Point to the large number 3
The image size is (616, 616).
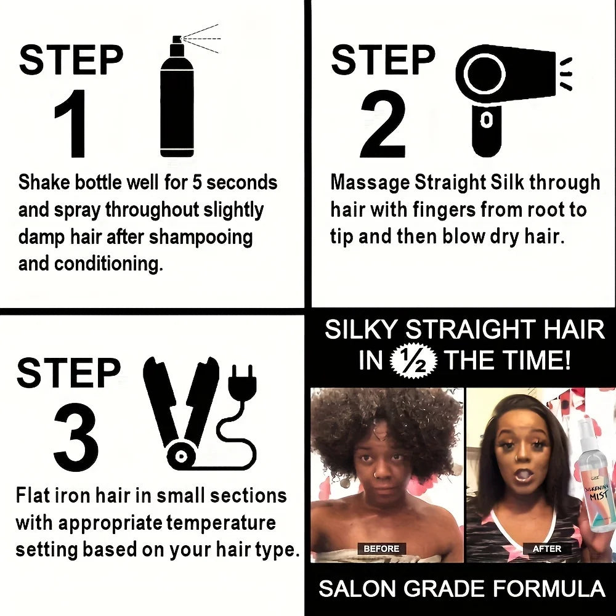76,437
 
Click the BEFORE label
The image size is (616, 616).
381,548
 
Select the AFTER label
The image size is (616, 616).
546,548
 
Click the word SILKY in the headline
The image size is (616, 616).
362,330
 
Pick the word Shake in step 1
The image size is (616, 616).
44,183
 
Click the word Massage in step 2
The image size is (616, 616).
370,183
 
